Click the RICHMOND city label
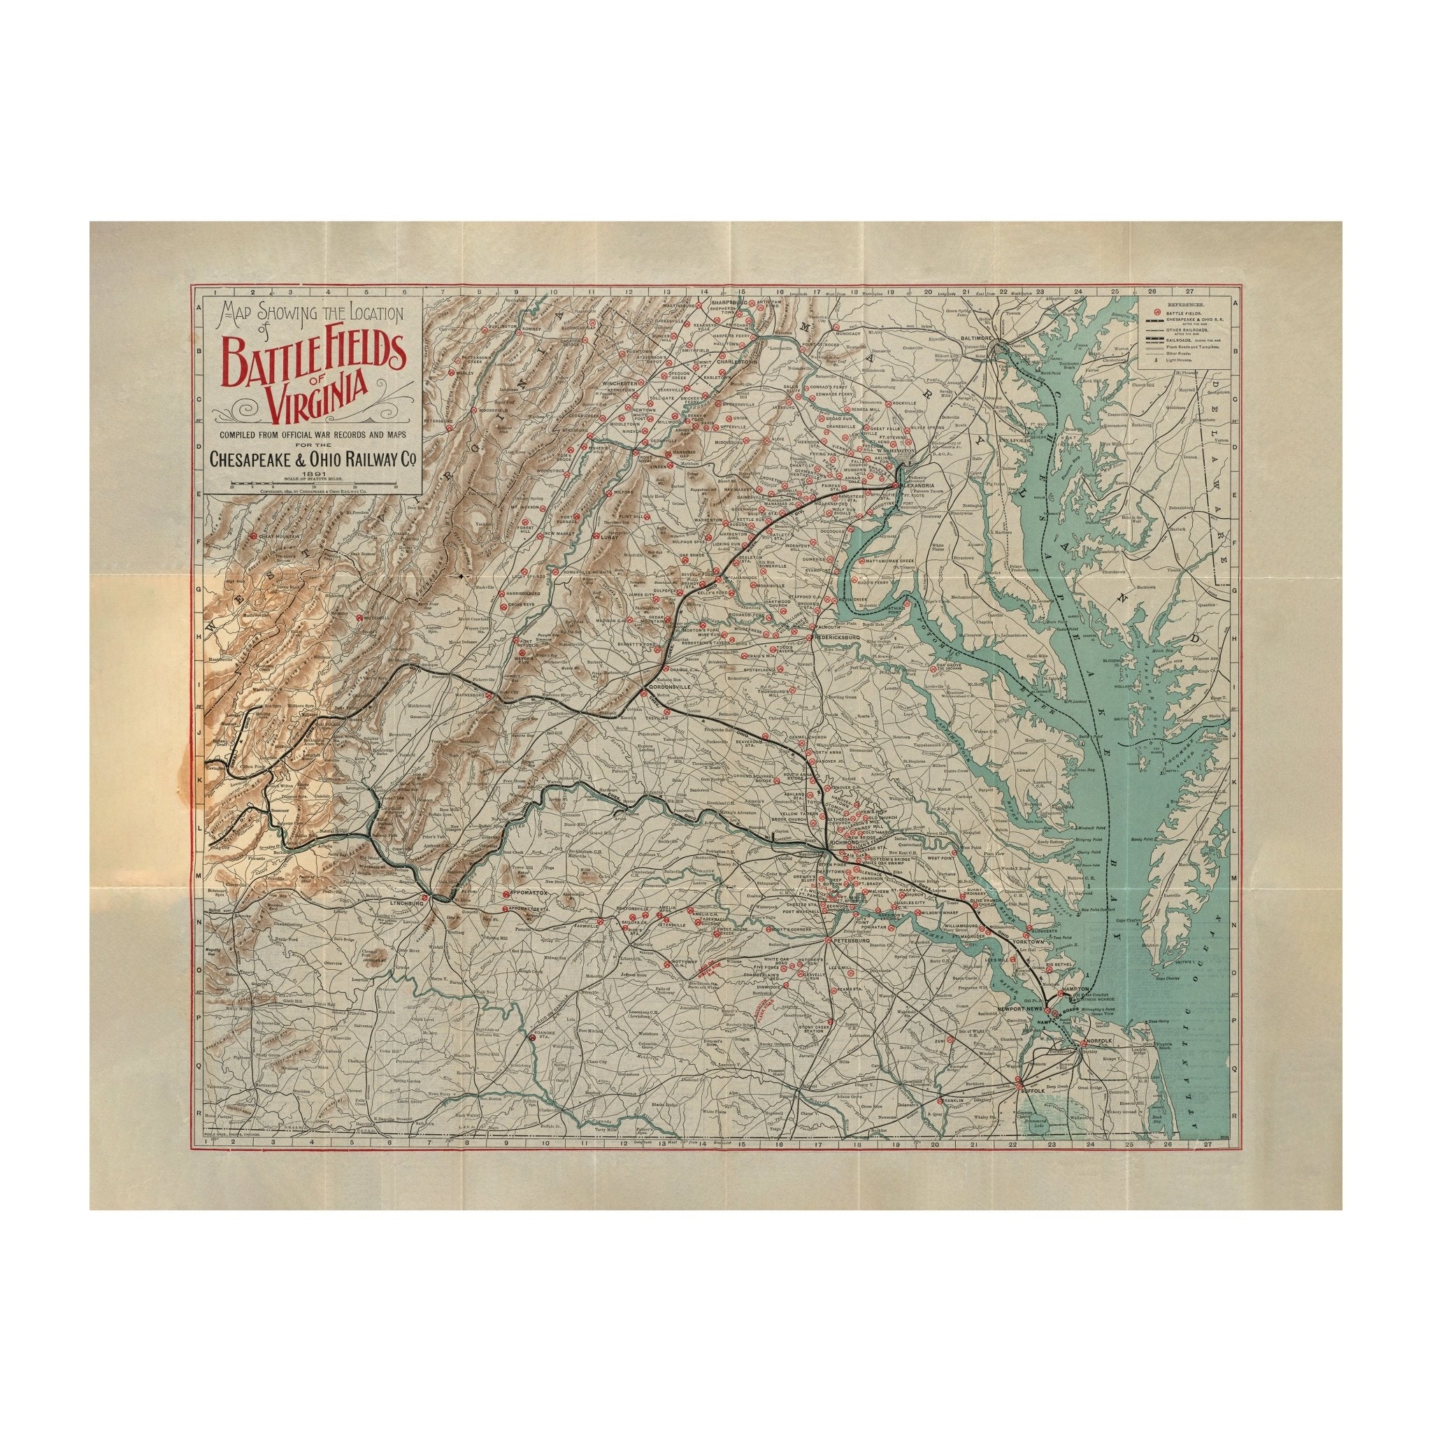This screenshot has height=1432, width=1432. [843, 843]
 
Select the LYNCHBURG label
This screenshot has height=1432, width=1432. [405, 904]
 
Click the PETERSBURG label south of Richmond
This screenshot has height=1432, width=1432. [850, 940]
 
